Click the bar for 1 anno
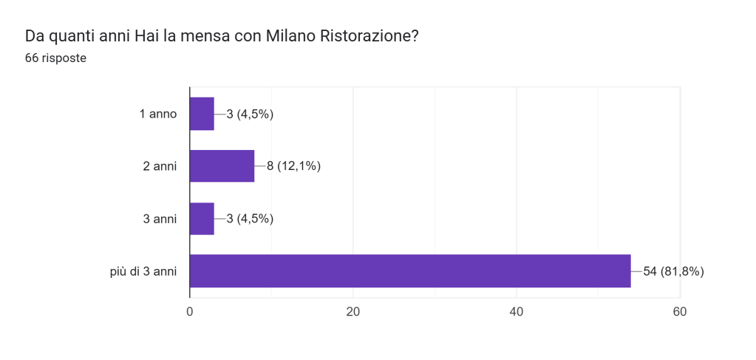202,114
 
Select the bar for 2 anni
222,166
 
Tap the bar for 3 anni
202,218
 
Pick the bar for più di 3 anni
410,271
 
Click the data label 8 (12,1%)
293,166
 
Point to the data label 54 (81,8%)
673,271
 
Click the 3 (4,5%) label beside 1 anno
245,114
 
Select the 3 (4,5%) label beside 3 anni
245,218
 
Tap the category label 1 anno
158,114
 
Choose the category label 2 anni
160,166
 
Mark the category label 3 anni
160,218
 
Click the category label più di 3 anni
140,271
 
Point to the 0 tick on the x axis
190,312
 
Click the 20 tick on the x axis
353,312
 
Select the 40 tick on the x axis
517,312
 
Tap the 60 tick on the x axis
680,312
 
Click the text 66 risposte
55,58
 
